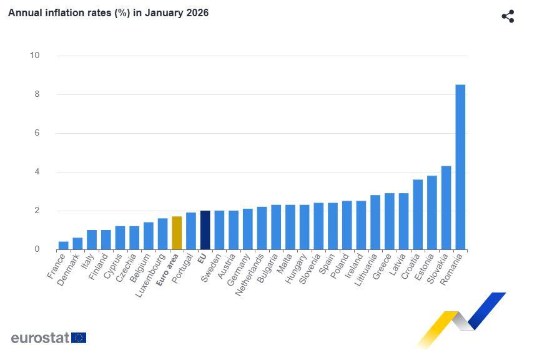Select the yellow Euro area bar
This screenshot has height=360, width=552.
[x=177, y=233]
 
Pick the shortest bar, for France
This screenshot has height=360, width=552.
[x=63, y=246]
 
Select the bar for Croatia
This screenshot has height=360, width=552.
[x=418, y=214]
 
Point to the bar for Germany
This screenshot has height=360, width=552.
[x=247, y=229]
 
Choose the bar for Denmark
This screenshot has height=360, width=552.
[x=77, y=244]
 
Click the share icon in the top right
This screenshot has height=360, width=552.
[x=508, y=16]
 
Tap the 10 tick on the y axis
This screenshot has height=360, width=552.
[x=34, y=56]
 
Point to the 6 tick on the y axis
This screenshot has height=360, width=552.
[x=36, y=133]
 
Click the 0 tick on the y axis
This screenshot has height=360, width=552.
[x=36, y=249]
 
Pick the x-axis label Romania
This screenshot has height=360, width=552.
[x=453, y=269]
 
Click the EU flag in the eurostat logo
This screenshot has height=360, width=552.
[x=79, y=338]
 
